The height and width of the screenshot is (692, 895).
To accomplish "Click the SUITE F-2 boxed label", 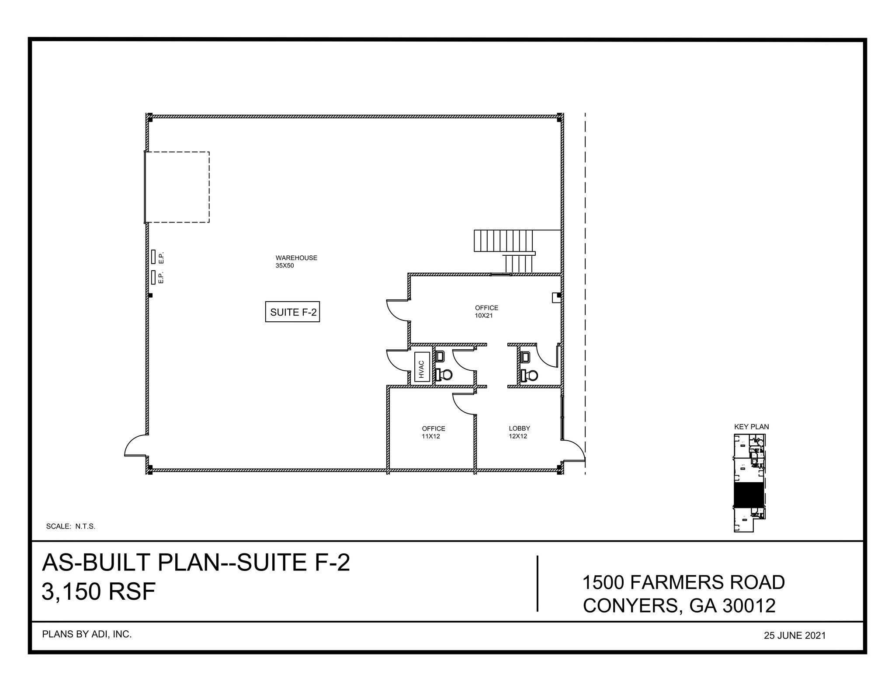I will [292, 312].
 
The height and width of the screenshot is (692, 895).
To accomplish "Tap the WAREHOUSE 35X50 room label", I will [296, 261].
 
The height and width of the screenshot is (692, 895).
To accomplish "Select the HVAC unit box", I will [421, 366].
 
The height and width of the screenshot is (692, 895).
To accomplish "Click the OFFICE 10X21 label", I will [486, 311].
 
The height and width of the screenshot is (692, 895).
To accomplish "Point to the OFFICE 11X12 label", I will [433, 432].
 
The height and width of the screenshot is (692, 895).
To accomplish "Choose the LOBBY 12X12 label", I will [519, 432].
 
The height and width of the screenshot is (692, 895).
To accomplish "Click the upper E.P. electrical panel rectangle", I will [153, 257].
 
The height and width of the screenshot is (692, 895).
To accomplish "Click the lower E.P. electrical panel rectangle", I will [153, 277].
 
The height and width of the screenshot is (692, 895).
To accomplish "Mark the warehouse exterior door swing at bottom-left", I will [135, 446].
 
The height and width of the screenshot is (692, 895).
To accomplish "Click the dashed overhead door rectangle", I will [177, 187].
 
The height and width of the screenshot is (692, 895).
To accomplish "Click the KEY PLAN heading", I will [751, 427].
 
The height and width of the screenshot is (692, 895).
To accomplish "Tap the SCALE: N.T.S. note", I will [70, 526].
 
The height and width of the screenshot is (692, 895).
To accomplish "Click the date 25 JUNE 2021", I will [794, 636].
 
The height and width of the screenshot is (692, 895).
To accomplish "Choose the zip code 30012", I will [749, 606].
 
